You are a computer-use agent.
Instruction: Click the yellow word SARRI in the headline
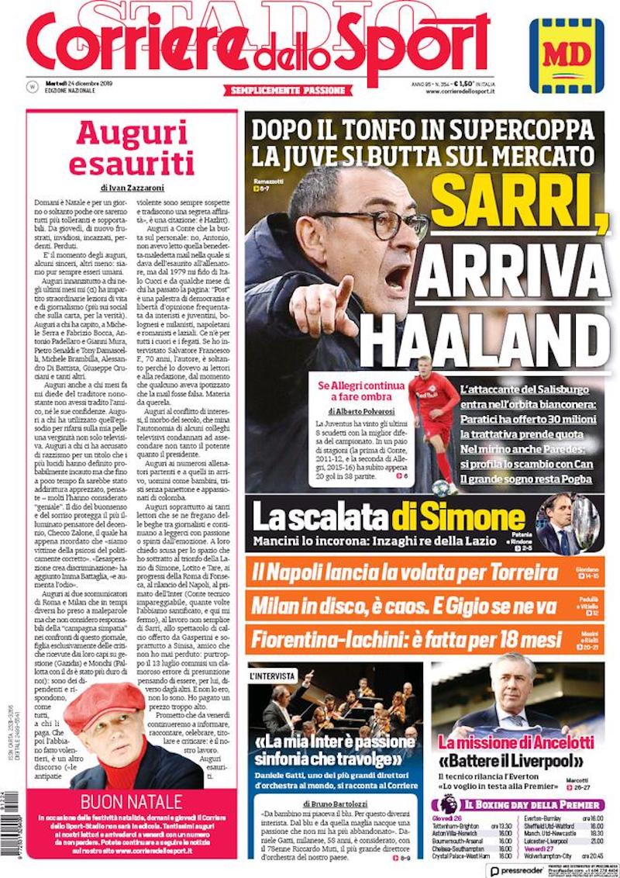click(518, 199)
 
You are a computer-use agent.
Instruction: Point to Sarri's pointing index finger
click(341, 289)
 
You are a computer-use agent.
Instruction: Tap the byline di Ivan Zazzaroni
click(134, 187)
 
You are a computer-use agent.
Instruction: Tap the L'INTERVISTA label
click(272, 676)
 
